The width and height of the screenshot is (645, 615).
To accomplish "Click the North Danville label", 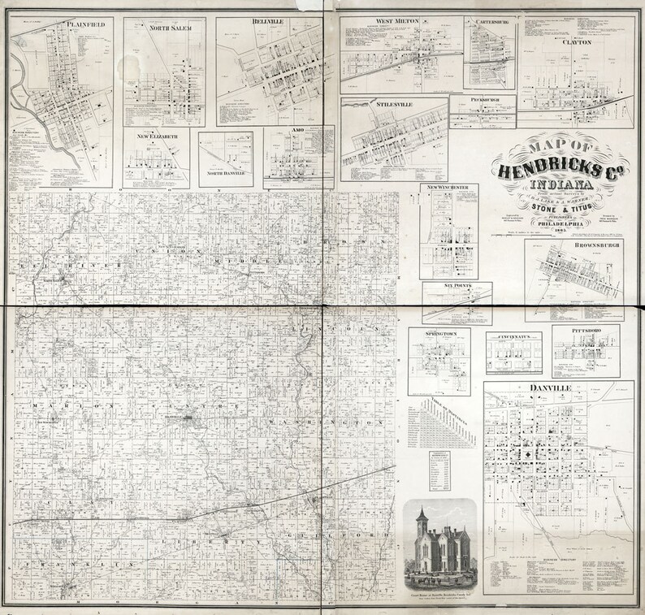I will click(225, 173).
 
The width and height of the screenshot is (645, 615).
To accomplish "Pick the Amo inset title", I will click(298, 129).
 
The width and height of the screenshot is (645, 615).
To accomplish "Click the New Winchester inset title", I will click(449, 188).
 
